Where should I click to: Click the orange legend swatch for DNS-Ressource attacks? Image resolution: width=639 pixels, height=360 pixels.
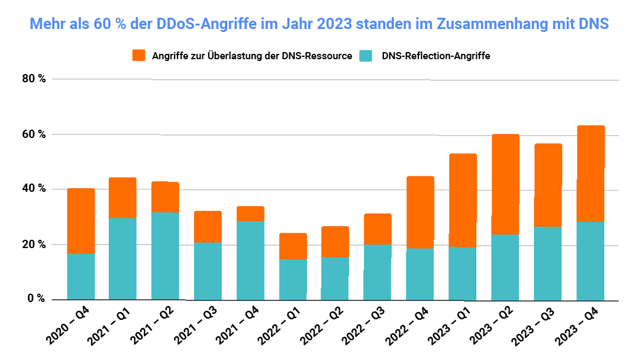pos(138,56)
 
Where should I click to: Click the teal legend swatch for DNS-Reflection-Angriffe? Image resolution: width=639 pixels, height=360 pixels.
pos(367,56)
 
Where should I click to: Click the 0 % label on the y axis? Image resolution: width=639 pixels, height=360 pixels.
pos(36,299)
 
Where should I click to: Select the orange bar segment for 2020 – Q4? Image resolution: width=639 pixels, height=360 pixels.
pos(81,221)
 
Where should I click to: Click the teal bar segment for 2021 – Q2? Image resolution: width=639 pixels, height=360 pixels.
pos(165,255)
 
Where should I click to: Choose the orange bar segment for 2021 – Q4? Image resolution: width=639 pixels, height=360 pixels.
pos(250,214)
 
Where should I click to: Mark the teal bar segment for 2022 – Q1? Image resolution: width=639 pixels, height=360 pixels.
pos(293,279)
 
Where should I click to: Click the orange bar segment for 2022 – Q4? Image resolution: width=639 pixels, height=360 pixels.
pos(420,212)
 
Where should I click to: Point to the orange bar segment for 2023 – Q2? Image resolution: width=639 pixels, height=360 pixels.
pos(505,184)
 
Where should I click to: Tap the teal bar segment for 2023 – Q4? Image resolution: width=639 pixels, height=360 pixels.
pos(590,261)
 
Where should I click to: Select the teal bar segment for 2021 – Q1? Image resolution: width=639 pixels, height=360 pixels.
pos(122,258)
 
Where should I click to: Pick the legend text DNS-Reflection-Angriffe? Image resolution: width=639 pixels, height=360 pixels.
pos(436,56)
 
